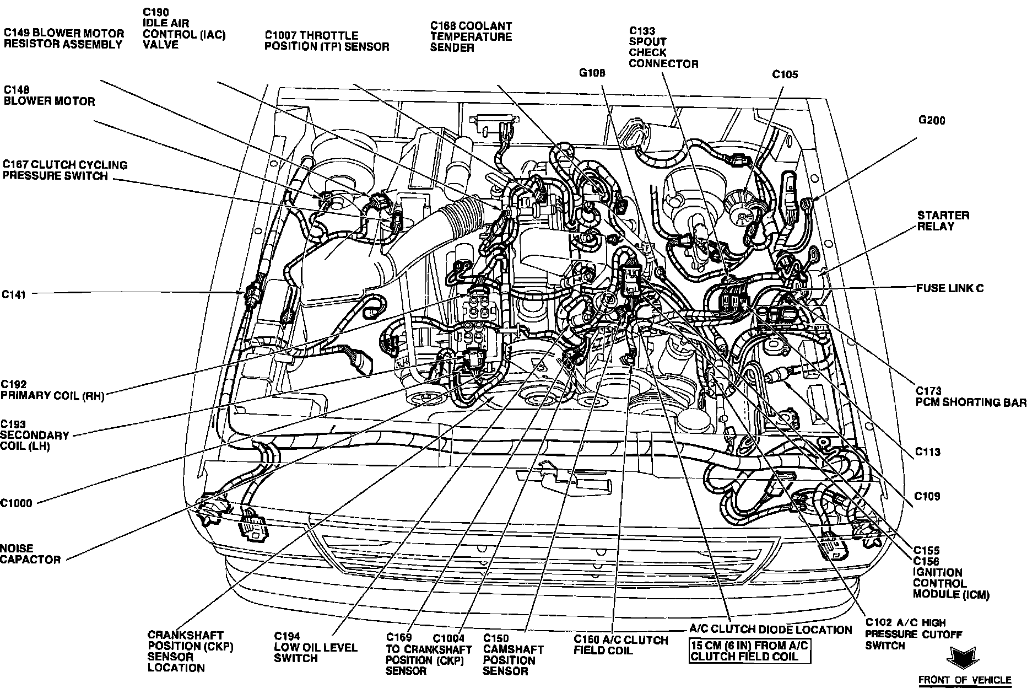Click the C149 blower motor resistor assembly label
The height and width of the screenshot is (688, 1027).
click(64, 39)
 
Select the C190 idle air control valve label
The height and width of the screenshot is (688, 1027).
click(184, 28)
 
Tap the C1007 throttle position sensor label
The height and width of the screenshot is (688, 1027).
click(326, 41)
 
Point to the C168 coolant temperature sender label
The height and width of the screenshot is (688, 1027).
click(471, 36)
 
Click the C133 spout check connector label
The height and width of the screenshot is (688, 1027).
click(663, 47)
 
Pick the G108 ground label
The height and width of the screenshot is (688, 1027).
click(592, 73)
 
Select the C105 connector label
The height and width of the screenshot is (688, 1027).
click(785, 74)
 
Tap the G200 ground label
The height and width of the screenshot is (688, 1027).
click(931, 120)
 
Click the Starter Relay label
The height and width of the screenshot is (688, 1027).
click(943, 221)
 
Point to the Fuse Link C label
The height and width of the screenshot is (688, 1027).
click(950, 288)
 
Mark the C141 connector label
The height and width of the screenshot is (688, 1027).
click(14, 295)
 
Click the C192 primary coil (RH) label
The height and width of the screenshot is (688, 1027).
click(52, 390)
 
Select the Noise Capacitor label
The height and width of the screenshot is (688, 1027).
click(30, 554)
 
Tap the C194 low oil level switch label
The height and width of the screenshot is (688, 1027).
click(316, 647)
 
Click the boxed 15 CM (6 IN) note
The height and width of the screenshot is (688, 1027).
click(750, 651)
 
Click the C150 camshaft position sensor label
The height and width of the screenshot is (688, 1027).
click(513, 654)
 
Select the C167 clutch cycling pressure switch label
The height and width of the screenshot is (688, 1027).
click(65, 170)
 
